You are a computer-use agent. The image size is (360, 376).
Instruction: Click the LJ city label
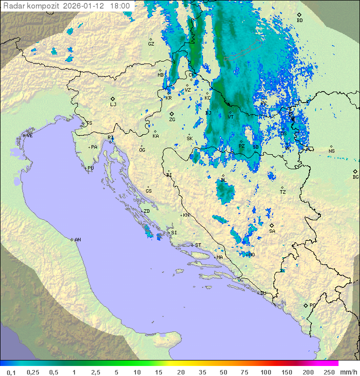(x=113, y=105)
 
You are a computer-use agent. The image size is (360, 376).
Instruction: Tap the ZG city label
(x=172, y=120)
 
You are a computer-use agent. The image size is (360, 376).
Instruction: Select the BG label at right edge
(x=355, y=177)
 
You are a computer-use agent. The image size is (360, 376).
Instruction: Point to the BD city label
(x=299, y=21)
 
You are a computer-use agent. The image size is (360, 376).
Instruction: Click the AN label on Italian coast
(x=77, y=240)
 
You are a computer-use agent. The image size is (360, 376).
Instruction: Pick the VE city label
(x=29, y=136)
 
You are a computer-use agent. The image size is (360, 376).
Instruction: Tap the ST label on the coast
(x=198, y=245)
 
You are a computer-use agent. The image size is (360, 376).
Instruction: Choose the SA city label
(x=272, y=231)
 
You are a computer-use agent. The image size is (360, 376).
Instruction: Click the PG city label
(x=312, y=305)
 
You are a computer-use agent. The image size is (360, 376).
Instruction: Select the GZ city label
(x=151, y=44)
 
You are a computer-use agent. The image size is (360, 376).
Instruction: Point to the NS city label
(x=331, y=151)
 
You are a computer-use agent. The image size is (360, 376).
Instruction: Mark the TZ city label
(x=283, y=192)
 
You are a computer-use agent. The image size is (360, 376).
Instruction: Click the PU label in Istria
(x=90, y=168)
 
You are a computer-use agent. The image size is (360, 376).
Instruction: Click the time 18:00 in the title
(x=120, y=6)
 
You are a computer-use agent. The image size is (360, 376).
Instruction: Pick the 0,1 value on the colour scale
(x=11, y=372)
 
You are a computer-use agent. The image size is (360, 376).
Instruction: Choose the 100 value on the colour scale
(x=265, y=372)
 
